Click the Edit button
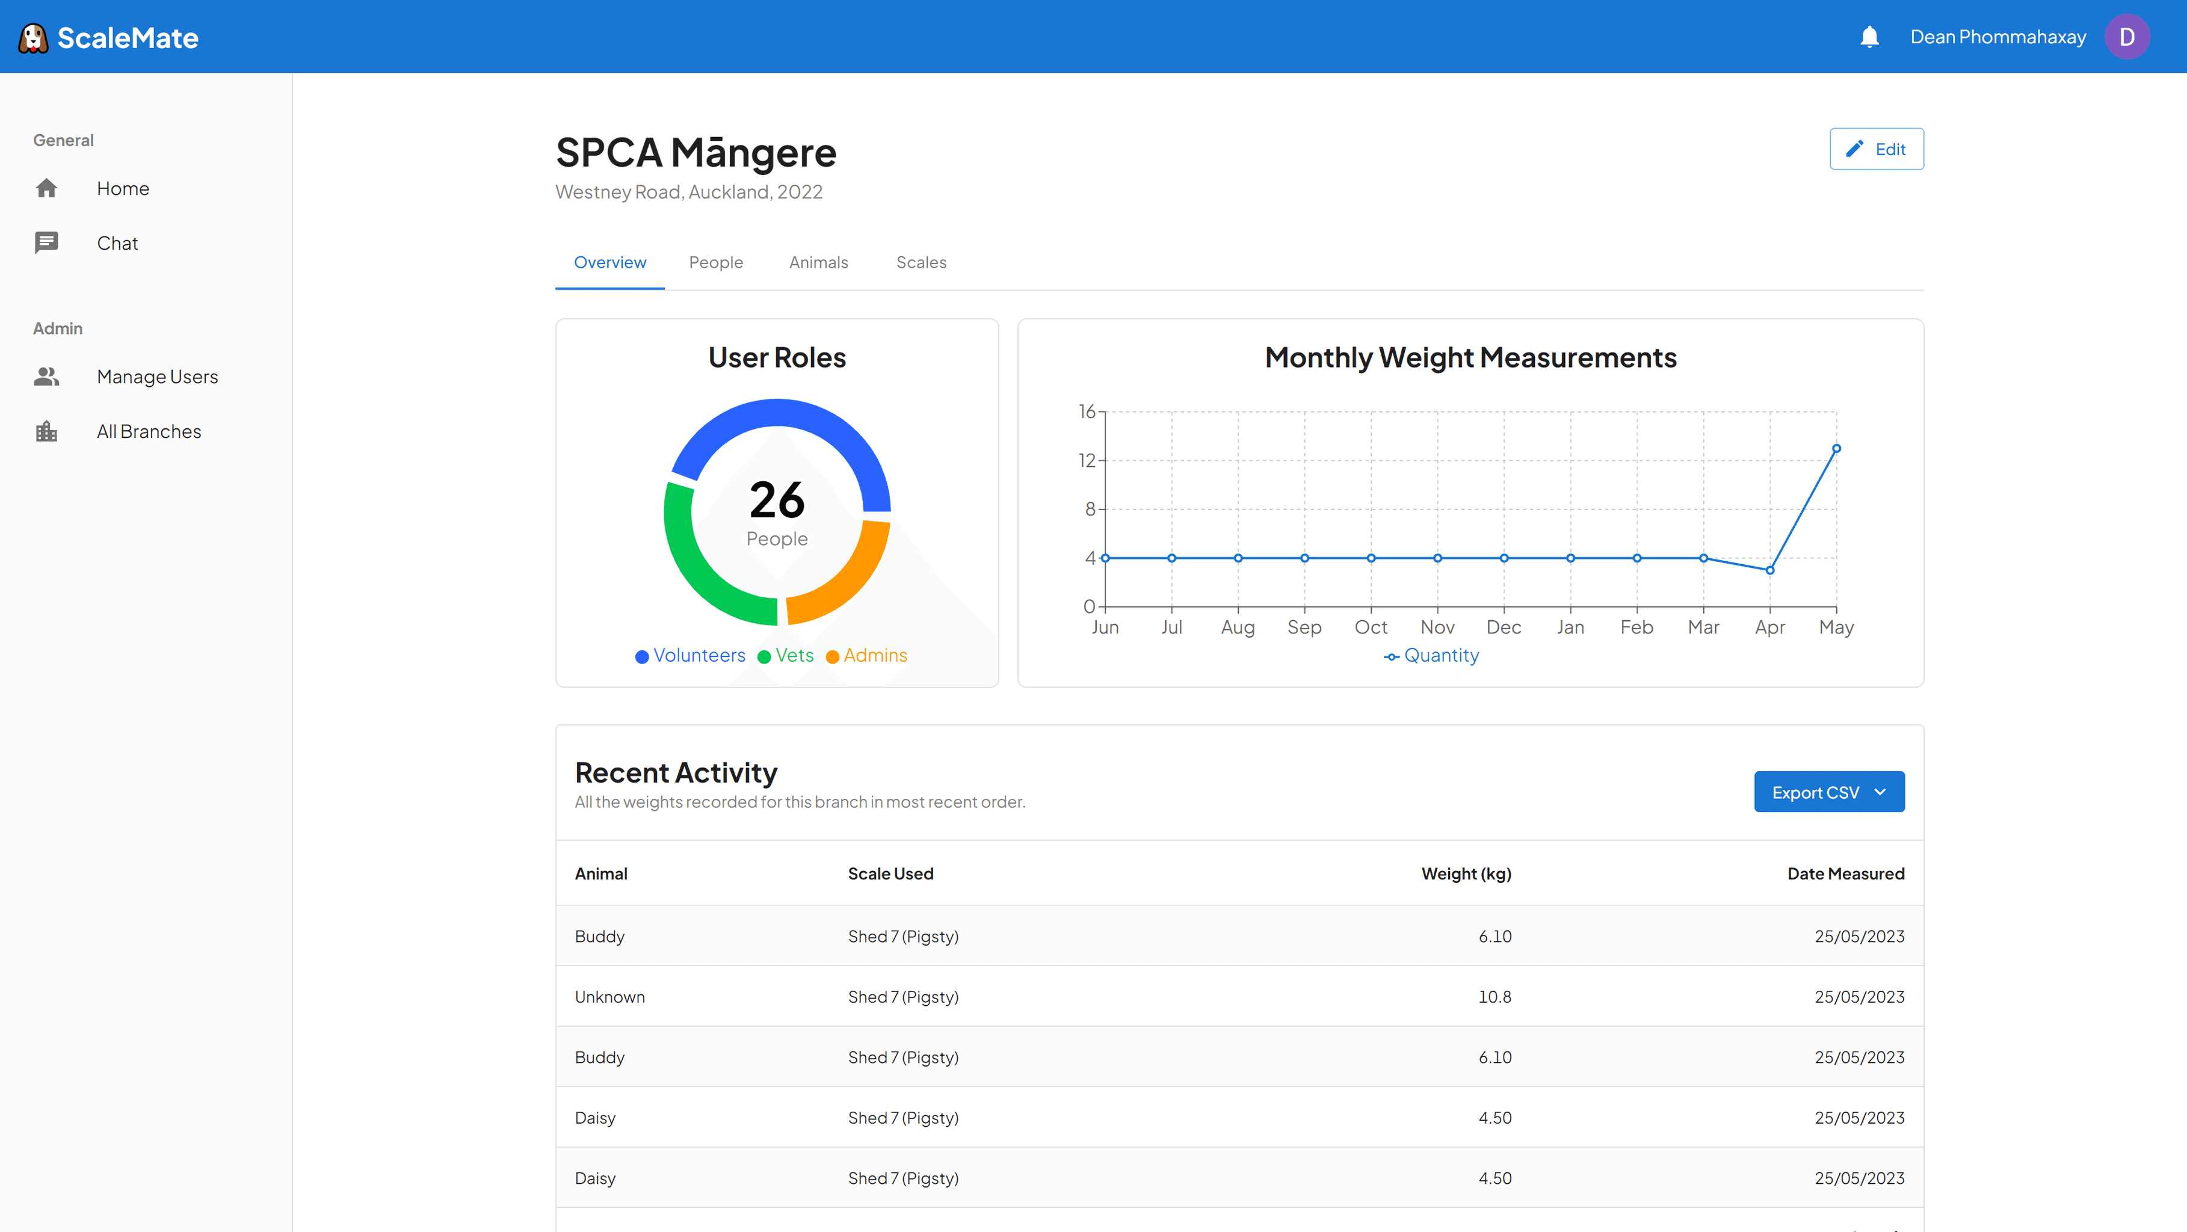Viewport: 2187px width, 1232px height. [1877, 149]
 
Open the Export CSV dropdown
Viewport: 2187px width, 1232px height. [1829, 792]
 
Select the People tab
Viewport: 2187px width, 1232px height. [716, 262]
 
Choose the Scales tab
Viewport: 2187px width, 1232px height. [921, 262]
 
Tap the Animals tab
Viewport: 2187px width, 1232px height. [818, 262]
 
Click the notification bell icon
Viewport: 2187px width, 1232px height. [1869, 37]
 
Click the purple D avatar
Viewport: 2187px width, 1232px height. [2127, 37]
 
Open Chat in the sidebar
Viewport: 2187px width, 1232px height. [117, 243]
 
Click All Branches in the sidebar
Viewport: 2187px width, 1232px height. [149, 431]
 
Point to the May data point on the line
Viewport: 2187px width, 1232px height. [1836, 448]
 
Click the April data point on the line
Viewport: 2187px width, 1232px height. [1770, 570]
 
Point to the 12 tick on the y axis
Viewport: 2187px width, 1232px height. [1087, 460]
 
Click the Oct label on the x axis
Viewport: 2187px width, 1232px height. [1371, 627]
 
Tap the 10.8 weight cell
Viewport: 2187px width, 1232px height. [1495, 997]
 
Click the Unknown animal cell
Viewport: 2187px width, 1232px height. [609, 997]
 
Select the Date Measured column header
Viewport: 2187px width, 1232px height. [1846, 873]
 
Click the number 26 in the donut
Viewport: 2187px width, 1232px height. [777, 499]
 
